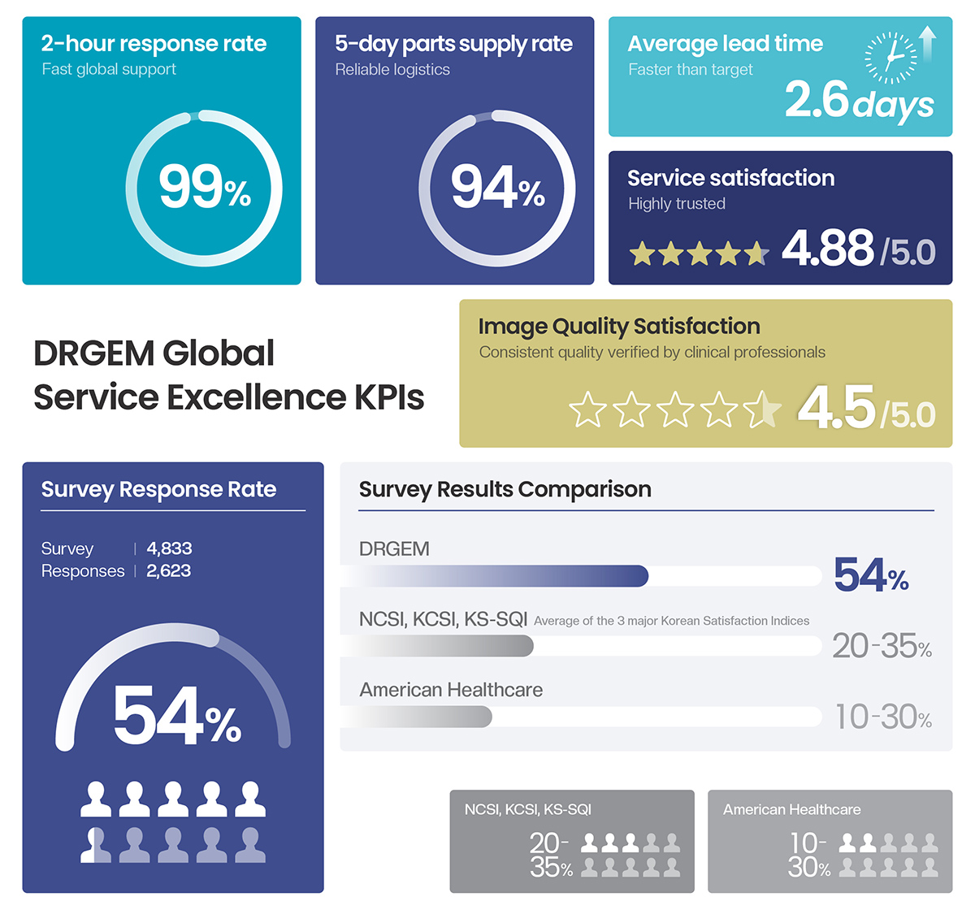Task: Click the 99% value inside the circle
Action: [204, 188]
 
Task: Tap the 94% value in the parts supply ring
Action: [497, 188]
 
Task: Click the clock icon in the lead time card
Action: [890, 58]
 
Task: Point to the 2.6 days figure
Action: [859, 101]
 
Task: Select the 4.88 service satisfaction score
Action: [828, 248]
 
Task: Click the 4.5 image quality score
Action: [837, 407]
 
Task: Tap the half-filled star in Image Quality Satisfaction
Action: [762, 409]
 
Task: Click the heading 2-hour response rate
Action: [154, 44]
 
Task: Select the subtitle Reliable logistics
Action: [392, 70]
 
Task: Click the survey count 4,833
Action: [169, 548]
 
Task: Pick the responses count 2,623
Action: [168, 571]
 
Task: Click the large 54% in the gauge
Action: [176, 716]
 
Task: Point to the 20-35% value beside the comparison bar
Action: [882, 647]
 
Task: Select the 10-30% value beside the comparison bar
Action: [883, 717]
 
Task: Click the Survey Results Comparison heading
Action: [505, 489]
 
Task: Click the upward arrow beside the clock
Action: [928, 45]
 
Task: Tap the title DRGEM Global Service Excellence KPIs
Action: [228, 375]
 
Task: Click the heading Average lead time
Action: [725, 44]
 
